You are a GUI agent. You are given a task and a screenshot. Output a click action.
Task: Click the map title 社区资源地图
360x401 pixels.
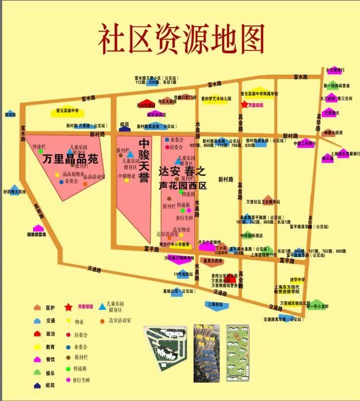point(181,40)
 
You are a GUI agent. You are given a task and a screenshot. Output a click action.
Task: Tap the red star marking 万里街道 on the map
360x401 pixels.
point(244,105)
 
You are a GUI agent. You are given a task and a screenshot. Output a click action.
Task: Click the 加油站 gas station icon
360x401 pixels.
point(10,114)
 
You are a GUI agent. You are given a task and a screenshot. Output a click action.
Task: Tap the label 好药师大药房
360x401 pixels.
point(15,191)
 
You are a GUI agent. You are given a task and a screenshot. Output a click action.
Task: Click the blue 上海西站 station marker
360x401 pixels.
point(217,304)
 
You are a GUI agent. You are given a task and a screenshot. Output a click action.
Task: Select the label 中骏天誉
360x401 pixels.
point(143,159)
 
